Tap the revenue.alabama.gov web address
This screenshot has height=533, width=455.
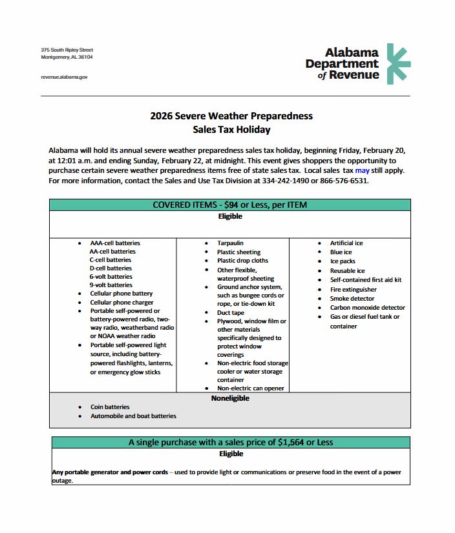pyautogui.click(x=63, y=77)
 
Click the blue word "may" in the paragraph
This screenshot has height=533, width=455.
pyautogui.click(x=362, y=170)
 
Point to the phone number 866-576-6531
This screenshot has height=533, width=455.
pyautogui.click(x=345, y=181)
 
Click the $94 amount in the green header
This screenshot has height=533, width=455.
pyautogui.click(x=231, y=205)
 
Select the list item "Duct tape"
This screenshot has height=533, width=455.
pyautogui.click(x=231, y=313)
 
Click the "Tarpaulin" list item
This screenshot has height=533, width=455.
pyautogui.click(x=230, y=243)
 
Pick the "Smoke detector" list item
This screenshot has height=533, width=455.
pyautogui.click(x=352, y=299)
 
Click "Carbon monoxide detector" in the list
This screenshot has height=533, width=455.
pyautogui.click(x=368, y=308)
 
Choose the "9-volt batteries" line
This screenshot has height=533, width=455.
pyautogui.click(x=111, y=285)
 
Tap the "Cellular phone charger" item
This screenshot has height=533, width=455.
pyautogui.click(x=122, y=302)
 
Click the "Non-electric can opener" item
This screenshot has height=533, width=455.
pyautogui.click(x=251, y=388)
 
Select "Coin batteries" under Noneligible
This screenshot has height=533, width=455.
pyautogui.click(x=109, y=407)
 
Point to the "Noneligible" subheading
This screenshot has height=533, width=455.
pyautogui.click(x=230, y=398)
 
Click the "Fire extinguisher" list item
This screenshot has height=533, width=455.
pyautogui.click(x=354, y=290)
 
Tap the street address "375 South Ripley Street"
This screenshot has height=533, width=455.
pyautogui.click(x=67, y=50)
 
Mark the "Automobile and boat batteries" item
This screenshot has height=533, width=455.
pyautogui.click(x=133, y=416)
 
